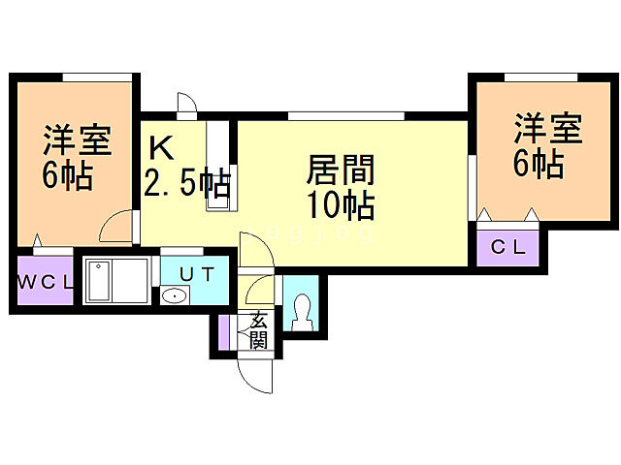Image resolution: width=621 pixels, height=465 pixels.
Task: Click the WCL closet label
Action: click(x=43, y=283)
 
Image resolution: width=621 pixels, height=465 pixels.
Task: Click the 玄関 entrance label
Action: click(x=258, y=330)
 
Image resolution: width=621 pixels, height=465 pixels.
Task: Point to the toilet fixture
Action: click(x=302, y=309)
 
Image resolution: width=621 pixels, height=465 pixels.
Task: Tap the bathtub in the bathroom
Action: click(x=115, y=282)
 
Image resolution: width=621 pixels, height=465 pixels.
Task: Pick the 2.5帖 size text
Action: click(x=187, y=182)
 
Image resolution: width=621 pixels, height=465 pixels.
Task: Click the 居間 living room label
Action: click(x=341, y=170)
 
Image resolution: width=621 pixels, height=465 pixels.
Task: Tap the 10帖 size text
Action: click(x=341, y=205)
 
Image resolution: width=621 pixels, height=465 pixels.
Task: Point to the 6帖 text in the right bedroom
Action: click(x=539, y=166)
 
